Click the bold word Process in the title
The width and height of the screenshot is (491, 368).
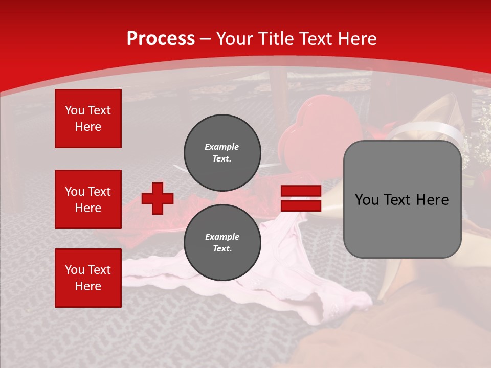pos(161,39)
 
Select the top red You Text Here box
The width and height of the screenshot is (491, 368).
pos(88,119)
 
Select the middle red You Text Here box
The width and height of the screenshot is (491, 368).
pos(88,199)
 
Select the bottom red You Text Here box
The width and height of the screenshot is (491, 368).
pos(88,278)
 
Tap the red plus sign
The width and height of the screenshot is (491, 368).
pos(158,198)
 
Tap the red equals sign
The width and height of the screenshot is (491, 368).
pos(301,198)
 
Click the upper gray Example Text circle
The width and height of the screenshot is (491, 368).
pos(222,152)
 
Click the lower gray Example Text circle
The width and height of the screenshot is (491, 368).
pos(222,242)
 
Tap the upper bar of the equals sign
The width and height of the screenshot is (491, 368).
pos(301,191)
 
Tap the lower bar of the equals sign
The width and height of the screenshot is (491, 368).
pos(301,205)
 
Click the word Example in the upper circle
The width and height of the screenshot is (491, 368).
pos(221,147)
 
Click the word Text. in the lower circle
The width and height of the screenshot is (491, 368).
pos(221,249)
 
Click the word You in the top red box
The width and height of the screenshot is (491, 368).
pos(75,110)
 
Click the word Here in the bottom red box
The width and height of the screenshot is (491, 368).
pos(88,286)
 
